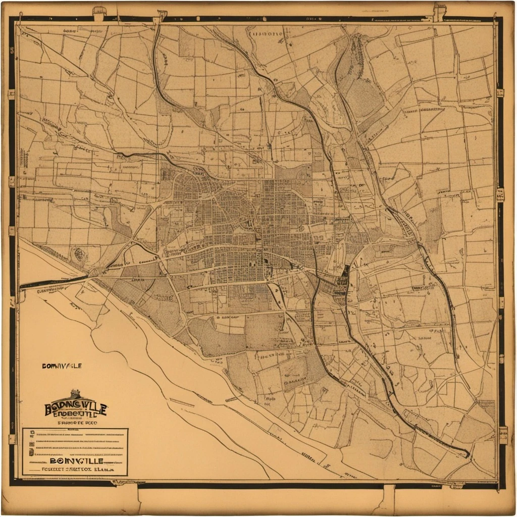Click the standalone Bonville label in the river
(61, 366)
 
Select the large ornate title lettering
(75, 408)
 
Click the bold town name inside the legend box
(76, 461)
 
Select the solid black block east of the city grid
(346, 273)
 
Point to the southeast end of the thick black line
(467, 454)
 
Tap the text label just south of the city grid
(227, 318)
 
